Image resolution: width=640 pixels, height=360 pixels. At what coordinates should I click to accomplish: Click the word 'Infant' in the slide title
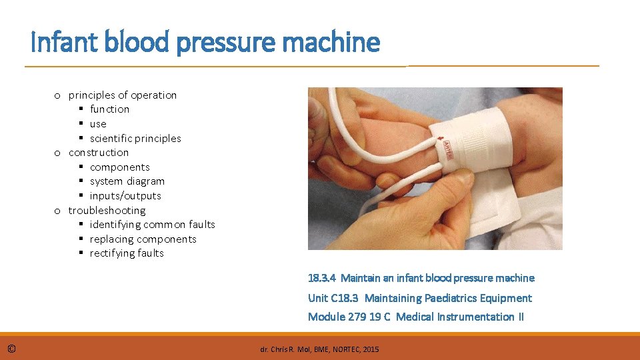[x=65, y=41]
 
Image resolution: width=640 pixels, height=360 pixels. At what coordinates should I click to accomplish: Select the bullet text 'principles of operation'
[x=123, y=95]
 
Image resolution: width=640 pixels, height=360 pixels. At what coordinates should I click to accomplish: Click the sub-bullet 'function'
[x=109, y=109]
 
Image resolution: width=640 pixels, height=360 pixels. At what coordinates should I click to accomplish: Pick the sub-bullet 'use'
[x=98, y=124]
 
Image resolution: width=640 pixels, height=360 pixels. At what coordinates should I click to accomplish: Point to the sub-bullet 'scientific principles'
[x=135, y=139]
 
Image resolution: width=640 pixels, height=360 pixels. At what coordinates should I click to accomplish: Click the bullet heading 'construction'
[x=99, y=153]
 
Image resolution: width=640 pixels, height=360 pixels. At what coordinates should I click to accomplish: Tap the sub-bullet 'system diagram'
[x=127, y=181]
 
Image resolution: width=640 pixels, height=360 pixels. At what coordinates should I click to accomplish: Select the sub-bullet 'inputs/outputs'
[x=125, y=196]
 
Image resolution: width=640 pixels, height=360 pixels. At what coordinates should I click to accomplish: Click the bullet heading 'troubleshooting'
[x=107, y=211]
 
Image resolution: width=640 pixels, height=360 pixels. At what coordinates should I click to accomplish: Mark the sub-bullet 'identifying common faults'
[x=152, y=225]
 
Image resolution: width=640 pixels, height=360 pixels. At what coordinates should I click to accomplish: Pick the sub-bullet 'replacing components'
[x=143, y=239]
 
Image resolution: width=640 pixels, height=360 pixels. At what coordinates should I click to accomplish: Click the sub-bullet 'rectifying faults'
[x=127, y=253]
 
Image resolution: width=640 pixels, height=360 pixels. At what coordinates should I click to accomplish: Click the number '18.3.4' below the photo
[x=321, y=279]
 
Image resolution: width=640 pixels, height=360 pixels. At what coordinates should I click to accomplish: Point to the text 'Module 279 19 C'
[x=349, y=317]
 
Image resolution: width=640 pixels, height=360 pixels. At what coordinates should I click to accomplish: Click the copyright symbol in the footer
[x=11, y=349]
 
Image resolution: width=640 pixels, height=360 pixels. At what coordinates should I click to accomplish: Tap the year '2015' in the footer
[x=371, y=350]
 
